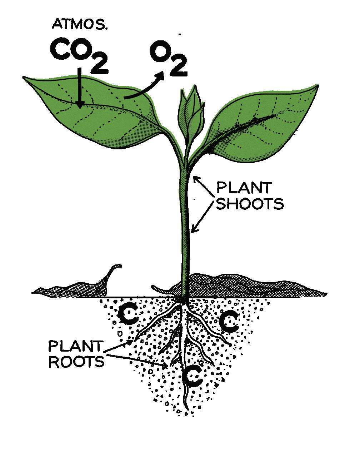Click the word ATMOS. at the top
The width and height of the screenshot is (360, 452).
[80, 24]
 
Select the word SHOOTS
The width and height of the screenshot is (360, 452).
[250, 204]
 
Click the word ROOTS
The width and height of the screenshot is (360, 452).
[76, 362]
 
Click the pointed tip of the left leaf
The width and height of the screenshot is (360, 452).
[24, 77]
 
